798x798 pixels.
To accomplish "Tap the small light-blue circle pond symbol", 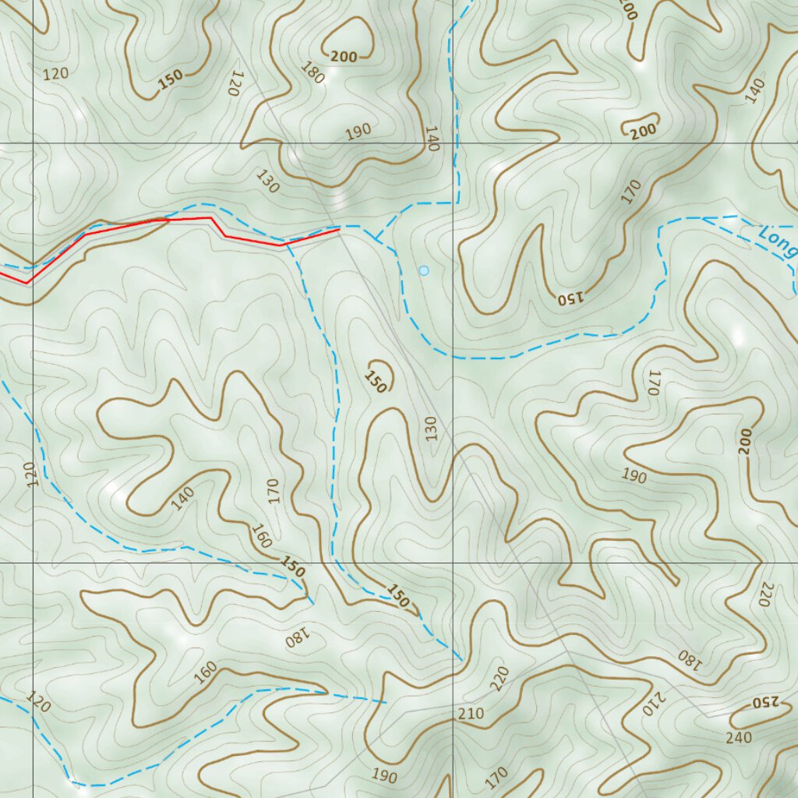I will (424, 270).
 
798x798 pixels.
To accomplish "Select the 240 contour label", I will (738, 737).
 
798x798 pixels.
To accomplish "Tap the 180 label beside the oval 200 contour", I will (312, 72).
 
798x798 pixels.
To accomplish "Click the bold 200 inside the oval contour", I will (344, 55).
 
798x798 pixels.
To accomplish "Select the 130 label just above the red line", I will (267, 182).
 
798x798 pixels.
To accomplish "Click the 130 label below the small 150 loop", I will (432, 428).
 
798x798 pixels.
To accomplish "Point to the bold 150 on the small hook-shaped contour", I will (375, 382).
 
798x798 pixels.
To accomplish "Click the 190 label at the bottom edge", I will (384, 775).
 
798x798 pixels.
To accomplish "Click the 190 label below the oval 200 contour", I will (358, 132).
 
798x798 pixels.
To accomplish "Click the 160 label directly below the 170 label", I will (261, 535).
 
